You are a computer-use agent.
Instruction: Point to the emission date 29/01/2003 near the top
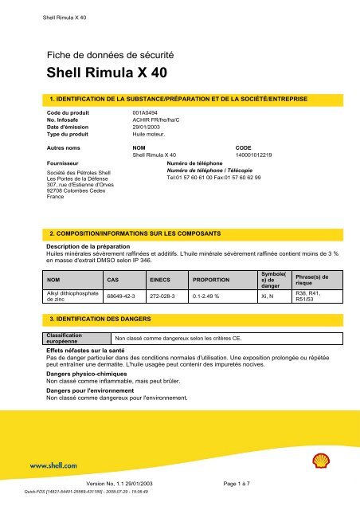click(147, 128)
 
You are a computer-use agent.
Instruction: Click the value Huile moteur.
click(148, 135)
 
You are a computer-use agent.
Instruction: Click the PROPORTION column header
click(210, 280)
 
